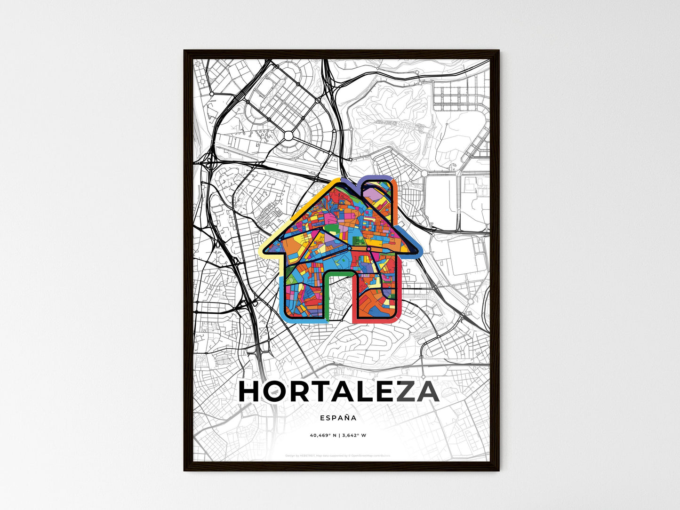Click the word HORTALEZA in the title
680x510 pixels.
(x=339, y=392)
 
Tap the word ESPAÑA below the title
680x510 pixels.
(x=338, y=418)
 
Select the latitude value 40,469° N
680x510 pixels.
(x=324, y=435)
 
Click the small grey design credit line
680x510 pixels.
(x=338, y=455)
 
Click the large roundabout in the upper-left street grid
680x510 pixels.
(x=288, y=136)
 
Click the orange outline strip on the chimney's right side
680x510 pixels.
(x=395, y=202)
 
